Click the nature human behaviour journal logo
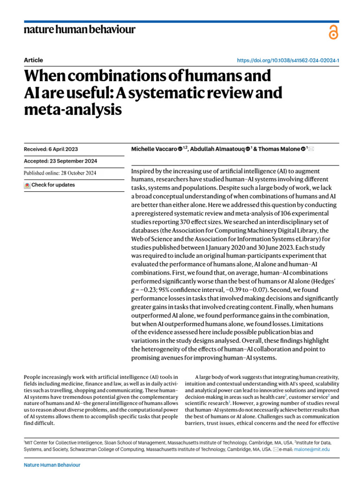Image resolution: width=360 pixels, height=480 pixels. click(x=79, y=30)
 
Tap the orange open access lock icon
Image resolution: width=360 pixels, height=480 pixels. click(x=333, y=32)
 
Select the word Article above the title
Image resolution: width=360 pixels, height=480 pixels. click(x=33, y=60)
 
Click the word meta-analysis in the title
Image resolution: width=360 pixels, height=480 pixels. click(x=73, y=110)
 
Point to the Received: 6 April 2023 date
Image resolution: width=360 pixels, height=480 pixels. click(x=51, y=149)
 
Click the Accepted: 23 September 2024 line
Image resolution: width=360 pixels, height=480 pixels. click(x=60, y=161)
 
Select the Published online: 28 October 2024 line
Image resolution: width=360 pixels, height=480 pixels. click(x=60, y=172)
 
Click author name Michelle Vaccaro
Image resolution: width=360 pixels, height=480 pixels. click(x=154, y=149)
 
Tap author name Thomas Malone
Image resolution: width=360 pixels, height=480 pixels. click(x=280, y=149)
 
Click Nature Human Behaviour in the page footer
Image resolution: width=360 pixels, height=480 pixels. click(x=52, y=465)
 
